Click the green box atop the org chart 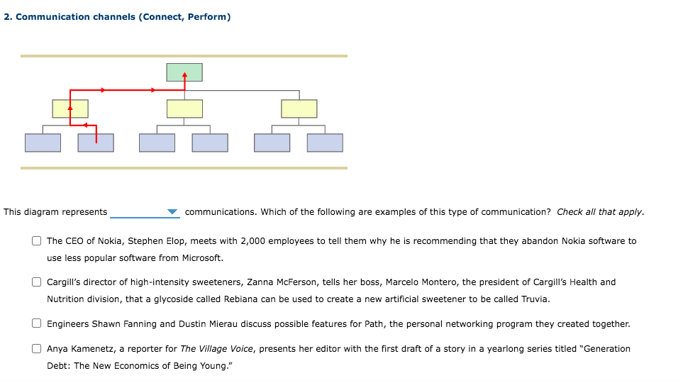pyautogui.click(x=184, y=72)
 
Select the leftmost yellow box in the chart pyautogui.click(x=70, y=109)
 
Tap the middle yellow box pyautogui.click(x=184, y=109)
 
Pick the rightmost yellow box pyautogui.click(x=299, y=109)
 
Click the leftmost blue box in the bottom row pyautogui.click(x=43, y=143)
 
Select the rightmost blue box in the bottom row pyautogui.click(x=325, y=143)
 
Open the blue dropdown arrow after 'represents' pyautogui.click(x=172, y=212)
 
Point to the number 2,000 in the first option pyautogui.click(x=253, y=241)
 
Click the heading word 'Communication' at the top pyautogui.click(x=53, y=17)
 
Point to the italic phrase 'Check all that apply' pyautogui.click(x=599, y=212)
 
